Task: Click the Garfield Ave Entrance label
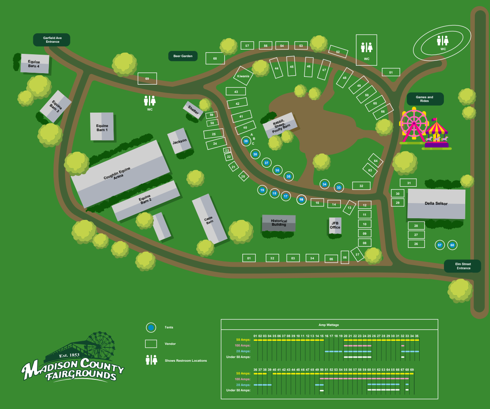(x=52, y=39)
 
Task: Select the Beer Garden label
(x=183, y=56)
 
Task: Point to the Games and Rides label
(x=425, y=99)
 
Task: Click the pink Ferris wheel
(x=413, y=125)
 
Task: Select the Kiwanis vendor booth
(x=243, y=76)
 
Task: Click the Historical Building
(x=279, y=223)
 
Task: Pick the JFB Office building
(x=335, y=225)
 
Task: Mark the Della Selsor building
(x=436, y=203)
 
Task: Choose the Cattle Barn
(x=209, y=219)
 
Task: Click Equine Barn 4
(x=35, y=64)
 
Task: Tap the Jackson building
(x=179, y=141)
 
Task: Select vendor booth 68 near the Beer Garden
(x=215, y=58)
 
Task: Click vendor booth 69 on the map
(x=147, y=79)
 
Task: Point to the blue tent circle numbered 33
(x=339, y=187)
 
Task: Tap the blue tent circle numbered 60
(x=452, y=245)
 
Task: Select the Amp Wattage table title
(x=329, y=325)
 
